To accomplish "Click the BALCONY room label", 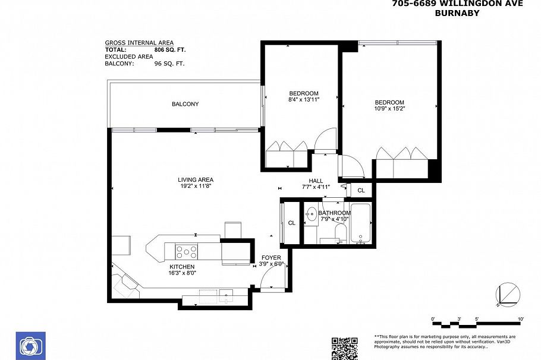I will click(185, 105).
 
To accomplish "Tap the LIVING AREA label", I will click(195, 180).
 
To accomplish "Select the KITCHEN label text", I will click(182, 267).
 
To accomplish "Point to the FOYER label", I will click(271, 257).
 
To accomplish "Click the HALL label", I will click(315, 181).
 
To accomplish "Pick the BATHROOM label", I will click(334, 213).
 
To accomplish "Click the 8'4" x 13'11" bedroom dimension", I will click(304, 100).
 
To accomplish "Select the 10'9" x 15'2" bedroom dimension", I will click(389, 109).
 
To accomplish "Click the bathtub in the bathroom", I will click(361, 223).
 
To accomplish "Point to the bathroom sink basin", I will click(310, 213).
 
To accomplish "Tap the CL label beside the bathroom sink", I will click(291, 223).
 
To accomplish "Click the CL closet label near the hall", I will click(361, 190).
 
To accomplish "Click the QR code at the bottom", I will click(344, 348).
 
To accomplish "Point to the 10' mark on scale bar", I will click(521, 320).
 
